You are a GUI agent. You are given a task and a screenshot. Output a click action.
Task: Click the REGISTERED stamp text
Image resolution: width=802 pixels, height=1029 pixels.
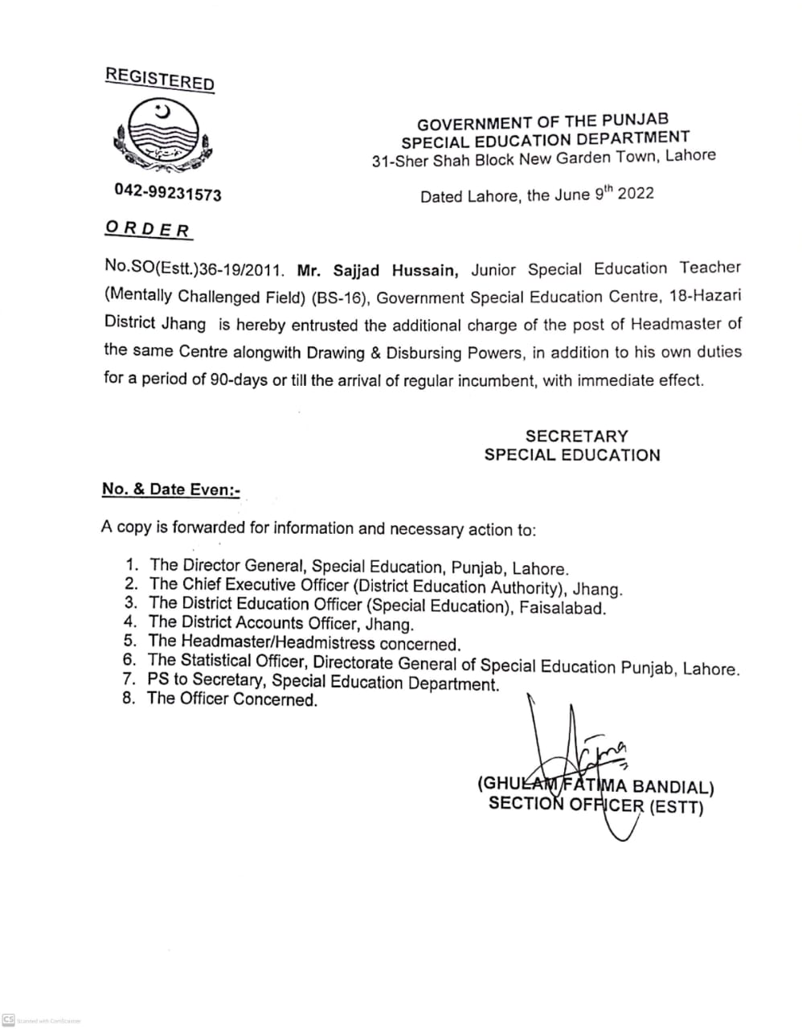tap(160, 79)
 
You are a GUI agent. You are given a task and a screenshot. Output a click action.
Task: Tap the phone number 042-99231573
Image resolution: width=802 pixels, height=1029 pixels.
tap(168, 194)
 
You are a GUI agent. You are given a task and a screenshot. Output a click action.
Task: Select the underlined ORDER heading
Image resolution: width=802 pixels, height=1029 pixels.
tap(148, 228)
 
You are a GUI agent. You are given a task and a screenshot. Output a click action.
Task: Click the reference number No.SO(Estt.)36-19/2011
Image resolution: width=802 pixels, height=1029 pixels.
tap(194, 269)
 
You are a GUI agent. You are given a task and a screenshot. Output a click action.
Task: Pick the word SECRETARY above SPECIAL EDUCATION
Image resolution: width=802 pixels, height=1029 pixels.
tap(576, 436)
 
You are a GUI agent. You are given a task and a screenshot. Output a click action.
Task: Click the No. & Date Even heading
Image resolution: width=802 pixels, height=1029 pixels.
tap(171, 490)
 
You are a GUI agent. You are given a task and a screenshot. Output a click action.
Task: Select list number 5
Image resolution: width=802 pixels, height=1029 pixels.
tap(129, 641)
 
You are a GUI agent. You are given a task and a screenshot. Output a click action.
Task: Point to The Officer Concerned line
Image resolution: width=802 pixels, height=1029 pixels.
tap(232, 699)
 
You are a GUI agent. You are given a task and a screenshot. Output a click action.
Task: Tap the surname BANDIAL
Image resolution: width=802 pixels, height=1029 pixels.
tap(673, 786)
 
